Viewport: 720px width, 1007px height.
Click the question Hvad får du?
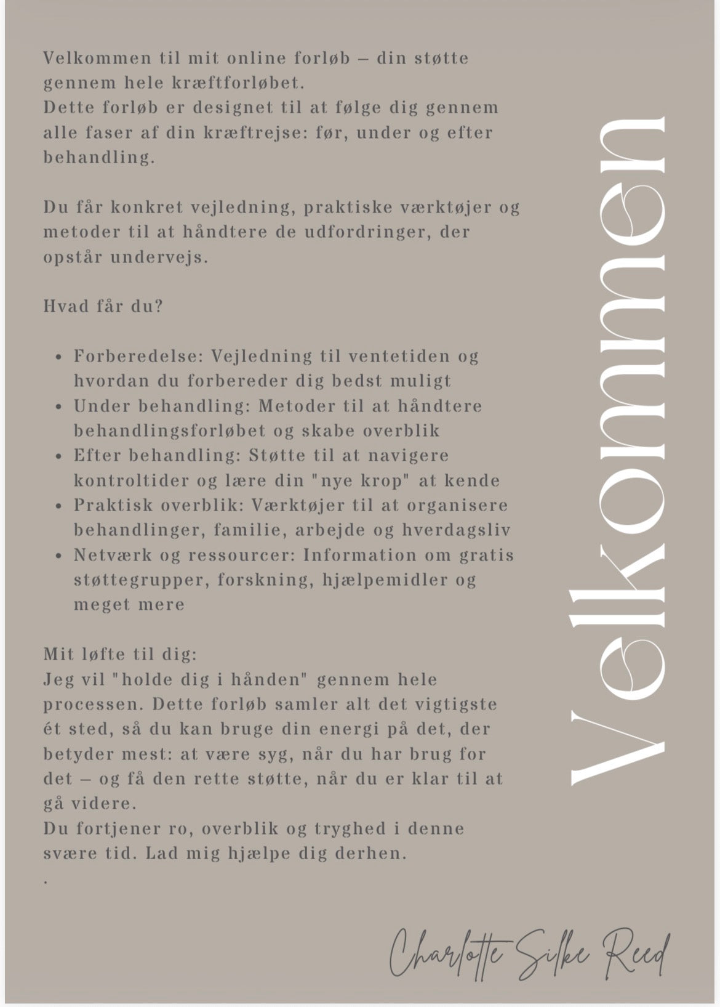(103, 306)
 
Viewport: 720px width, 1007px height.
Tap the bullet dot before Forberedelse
(58, 357)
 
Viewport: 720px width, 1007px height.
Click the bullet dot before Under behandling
(58, 406)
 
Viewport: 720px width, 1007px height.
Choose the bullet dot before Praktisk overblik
(58, 506)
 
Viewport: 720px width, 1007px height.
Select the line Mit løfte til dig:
(120, 654)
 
